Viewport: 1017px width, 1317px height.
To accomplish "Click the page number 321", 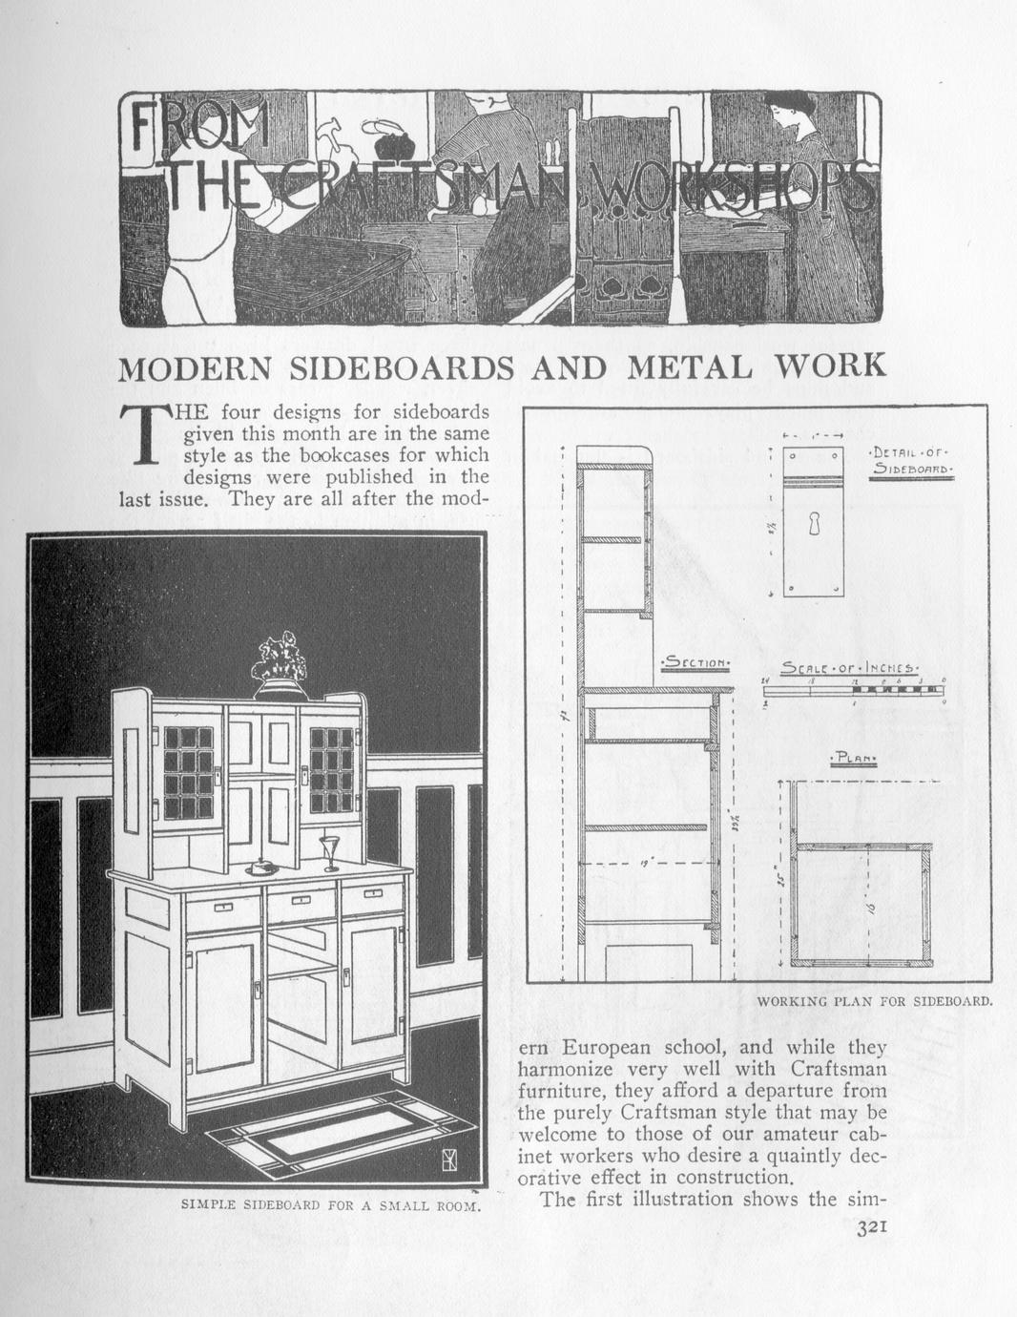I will click(872, 1229).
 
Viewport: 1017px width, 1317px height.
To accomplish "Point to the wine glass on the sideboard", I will click(330, 851).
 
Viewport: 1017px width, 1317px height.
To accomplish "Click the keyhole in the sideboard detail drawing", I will click(813, 524).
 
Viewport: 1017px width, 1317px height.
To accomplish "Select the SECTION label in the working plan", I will click(696, 662).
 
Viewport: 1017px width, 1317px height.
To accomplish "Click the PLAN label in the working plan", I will click(853, 759).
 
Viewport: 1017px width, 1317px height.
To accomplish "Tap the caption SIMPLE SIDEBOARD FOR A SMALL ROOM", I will click(330, 1204).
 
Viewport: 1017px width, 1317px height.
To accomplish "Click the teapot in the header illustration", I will click(390, 145).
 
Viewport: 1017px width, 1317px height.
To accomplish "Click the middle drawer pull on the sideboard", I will click(301, 899).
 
